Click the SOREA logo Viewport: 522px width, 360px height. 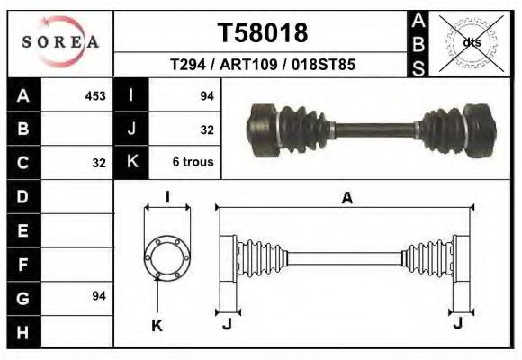60,42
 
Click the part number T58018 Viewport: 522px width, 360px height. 262,32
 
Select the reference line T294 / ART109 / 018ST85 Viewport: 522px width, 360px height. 262,66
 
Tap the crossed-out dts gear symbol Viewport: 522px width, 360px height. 472,42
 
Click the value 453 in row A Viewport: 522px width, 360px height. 94,95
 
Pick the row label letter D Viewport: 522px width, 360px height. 23,196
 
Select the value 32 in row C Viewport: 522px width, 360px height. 99,163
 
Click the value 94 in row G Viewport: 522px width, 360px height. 99,295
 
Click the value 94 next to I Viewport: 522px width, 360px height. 206,95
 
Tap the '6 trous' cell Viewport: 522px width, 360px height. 193,163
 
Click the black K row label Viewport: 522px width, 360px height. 131,163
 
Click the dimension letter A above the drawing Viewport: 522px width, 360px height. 346,199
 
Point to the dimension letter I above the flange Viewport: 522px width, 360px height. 167,197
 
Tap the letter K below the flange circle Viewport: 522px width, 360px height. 157,325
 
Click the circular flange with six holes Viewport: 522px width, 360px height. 167,256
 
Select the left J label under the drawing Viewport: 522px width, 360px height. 227,325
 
